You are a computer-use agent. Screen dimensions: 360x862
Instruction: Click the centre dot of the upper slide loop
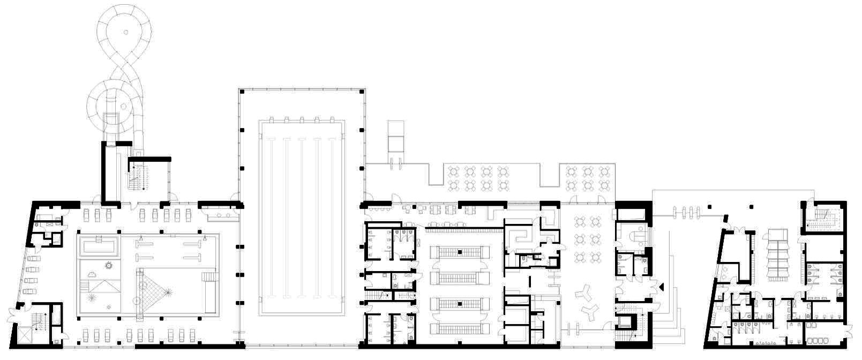click(126, 32)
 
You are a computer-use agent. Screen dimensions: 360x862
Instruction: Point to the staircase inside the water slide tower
click(139, 177)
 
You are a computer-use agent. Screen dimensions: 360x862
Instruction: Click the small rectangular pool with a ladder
click(98, 247)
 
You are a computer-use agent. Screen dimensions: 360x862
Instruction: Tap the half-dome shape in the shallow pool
click(92, 273)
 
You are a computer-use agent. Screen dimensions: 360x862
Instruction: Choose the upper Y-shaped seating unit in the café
click(582, 292)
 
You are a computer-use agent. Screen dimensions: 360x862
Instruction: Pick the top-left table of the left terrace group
click(454, 172)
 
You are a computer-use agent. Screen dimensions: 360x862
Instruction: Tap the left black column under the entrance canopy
click(710, 206)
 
